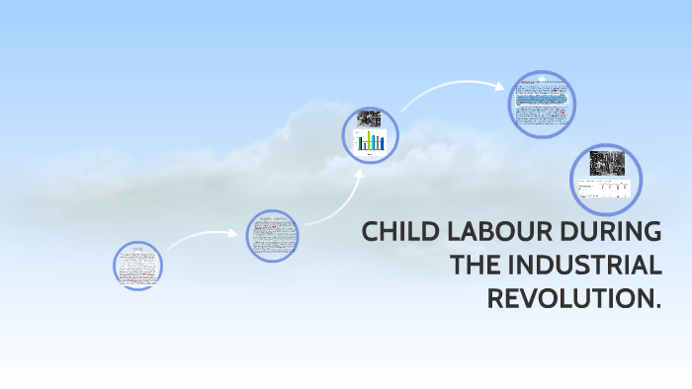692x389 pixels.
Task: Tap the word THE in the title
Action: click(x=476, y=266)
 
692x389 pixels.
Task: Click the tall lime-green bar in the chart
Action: click(x=369, y=140)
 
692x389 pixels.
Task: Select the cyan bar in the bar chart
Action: click(x=373, y=142)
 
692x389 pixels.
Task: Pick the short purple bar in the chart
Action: click(x=365, y=146)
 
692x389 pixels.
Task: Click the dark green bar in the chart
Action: click(x=360, y=143)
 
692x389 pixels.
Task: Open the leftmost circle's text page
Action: click(x=137, y=266)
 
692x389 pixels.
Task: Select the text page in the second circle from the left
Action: click(x=272, y=235)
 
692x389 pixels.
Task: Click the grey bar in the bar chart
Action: click(x=378, y=142)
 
